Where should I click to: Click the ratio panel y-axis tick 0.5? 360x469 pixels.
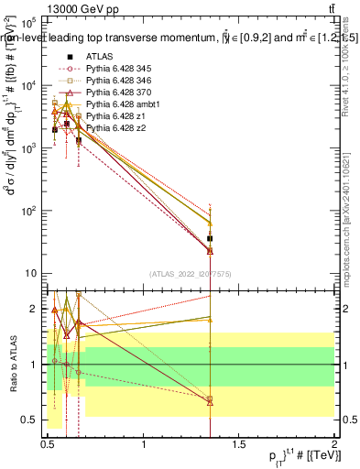coord(32,420)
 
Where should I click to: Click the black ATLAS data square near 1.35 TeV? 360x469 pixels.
coord(211,238)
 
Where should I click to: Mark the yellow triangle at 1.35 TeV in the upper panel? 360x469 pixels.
coord(211,223)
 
